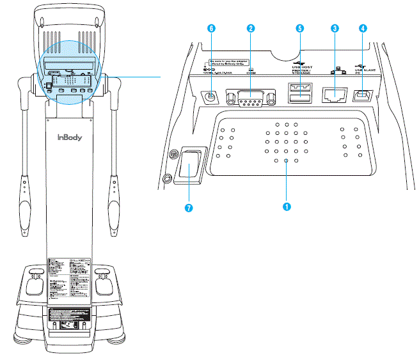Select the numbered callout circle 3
(334, 29)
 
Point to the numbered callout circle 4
(363, 29)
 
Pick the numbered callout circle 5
(299, 29)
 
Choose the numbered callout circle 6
(212, 29)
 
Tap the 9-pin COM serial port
(251, 98)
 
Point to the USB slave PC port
(363, 96)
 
